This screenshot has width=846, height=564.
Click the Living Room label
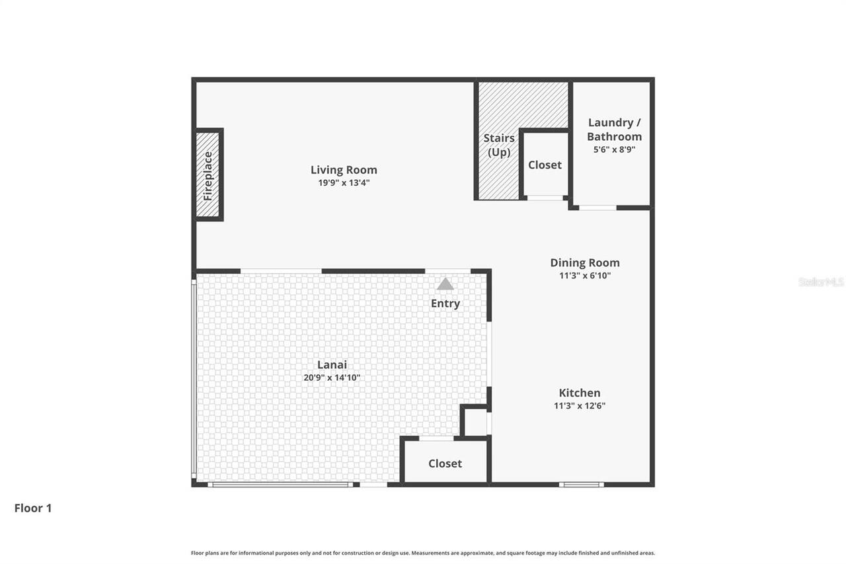(344, 170)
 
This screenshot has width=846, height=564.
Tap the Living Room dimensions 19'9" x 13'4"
(344, 182)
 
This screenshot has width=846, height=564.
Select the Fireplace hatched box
(208, 175)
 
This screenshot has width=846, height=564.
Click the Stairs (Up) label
(499, 145)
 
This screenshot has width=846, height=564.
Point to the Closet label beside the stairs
(545, 165)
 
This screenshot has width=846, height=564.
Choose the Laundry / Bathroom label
(614, 130)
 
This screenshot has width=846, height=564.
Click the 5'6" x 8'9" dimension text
(614, 149)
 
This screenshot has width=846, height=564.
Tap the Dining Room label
(585, 262)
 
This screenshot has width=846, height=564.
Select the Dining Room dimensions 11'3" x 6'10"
(585, 275)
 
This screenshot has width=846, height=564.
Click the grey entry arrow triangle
(445, 284)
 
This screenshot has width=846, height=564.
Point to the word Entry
(445, 303)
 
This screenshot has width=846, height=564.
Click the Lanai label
(332, 364)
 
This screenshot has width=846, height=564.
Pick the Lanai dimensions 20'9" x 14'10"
(332, 378)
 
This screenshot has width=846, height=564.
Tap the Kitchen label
(580, 393)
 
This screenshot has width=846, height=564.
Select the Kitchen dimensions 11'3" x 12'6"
(580, 406)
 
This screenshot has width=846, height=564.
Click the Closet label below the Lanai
(445, 463)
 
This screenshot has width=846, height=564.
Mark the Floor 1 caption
(33, 508)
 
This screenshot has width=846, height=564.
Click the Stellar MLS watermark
(821, 282)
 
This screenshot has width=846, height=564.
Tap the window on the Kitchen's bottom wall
(581, 485)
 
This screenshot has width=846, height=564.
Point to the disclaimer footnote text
(423, 553)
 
